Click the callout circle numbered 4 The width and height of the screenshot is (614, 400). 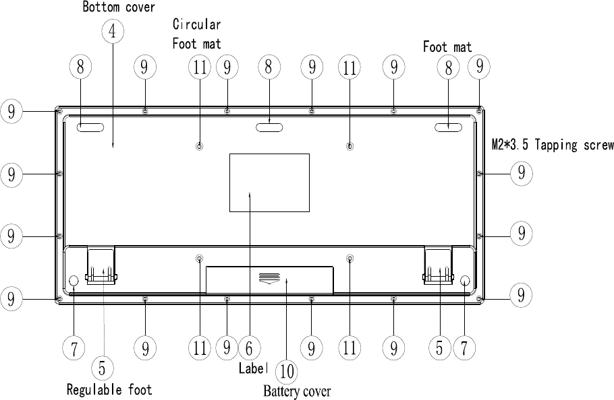(113, 31)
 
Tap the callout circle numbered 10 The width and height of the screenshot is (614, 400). (287, 370)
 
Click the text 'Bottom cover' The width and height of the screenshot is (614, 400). (119, 7)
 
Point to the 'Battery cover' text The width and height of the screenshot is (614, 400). (297, 391)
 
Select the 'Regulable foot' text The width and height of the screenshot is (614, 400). (109, 389)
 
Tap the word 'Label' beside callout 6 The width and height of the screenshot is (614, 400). (254, 368)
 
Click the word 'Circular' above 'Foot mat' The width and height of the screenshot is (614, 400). (196, 25)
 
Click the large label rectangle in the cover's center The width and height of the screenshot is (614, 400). (269, 182)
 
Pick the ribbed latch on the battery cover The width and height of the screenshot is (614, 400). (269, 278)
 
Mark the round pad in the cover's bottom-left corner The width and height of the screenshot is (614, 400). (74, 281)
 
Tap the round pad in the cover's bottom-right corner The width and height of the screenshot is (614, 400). (466, 281)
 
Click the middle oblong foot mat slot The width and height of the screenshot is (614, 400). (269, 127)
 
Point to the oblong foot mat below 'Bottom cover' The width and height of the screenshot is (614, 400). (90, 127)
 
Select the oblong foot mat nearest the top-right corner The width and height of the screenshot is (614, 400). (447, 127)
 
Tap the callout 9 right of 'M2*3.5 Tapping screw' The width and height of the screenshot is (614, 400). (521, 173)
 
